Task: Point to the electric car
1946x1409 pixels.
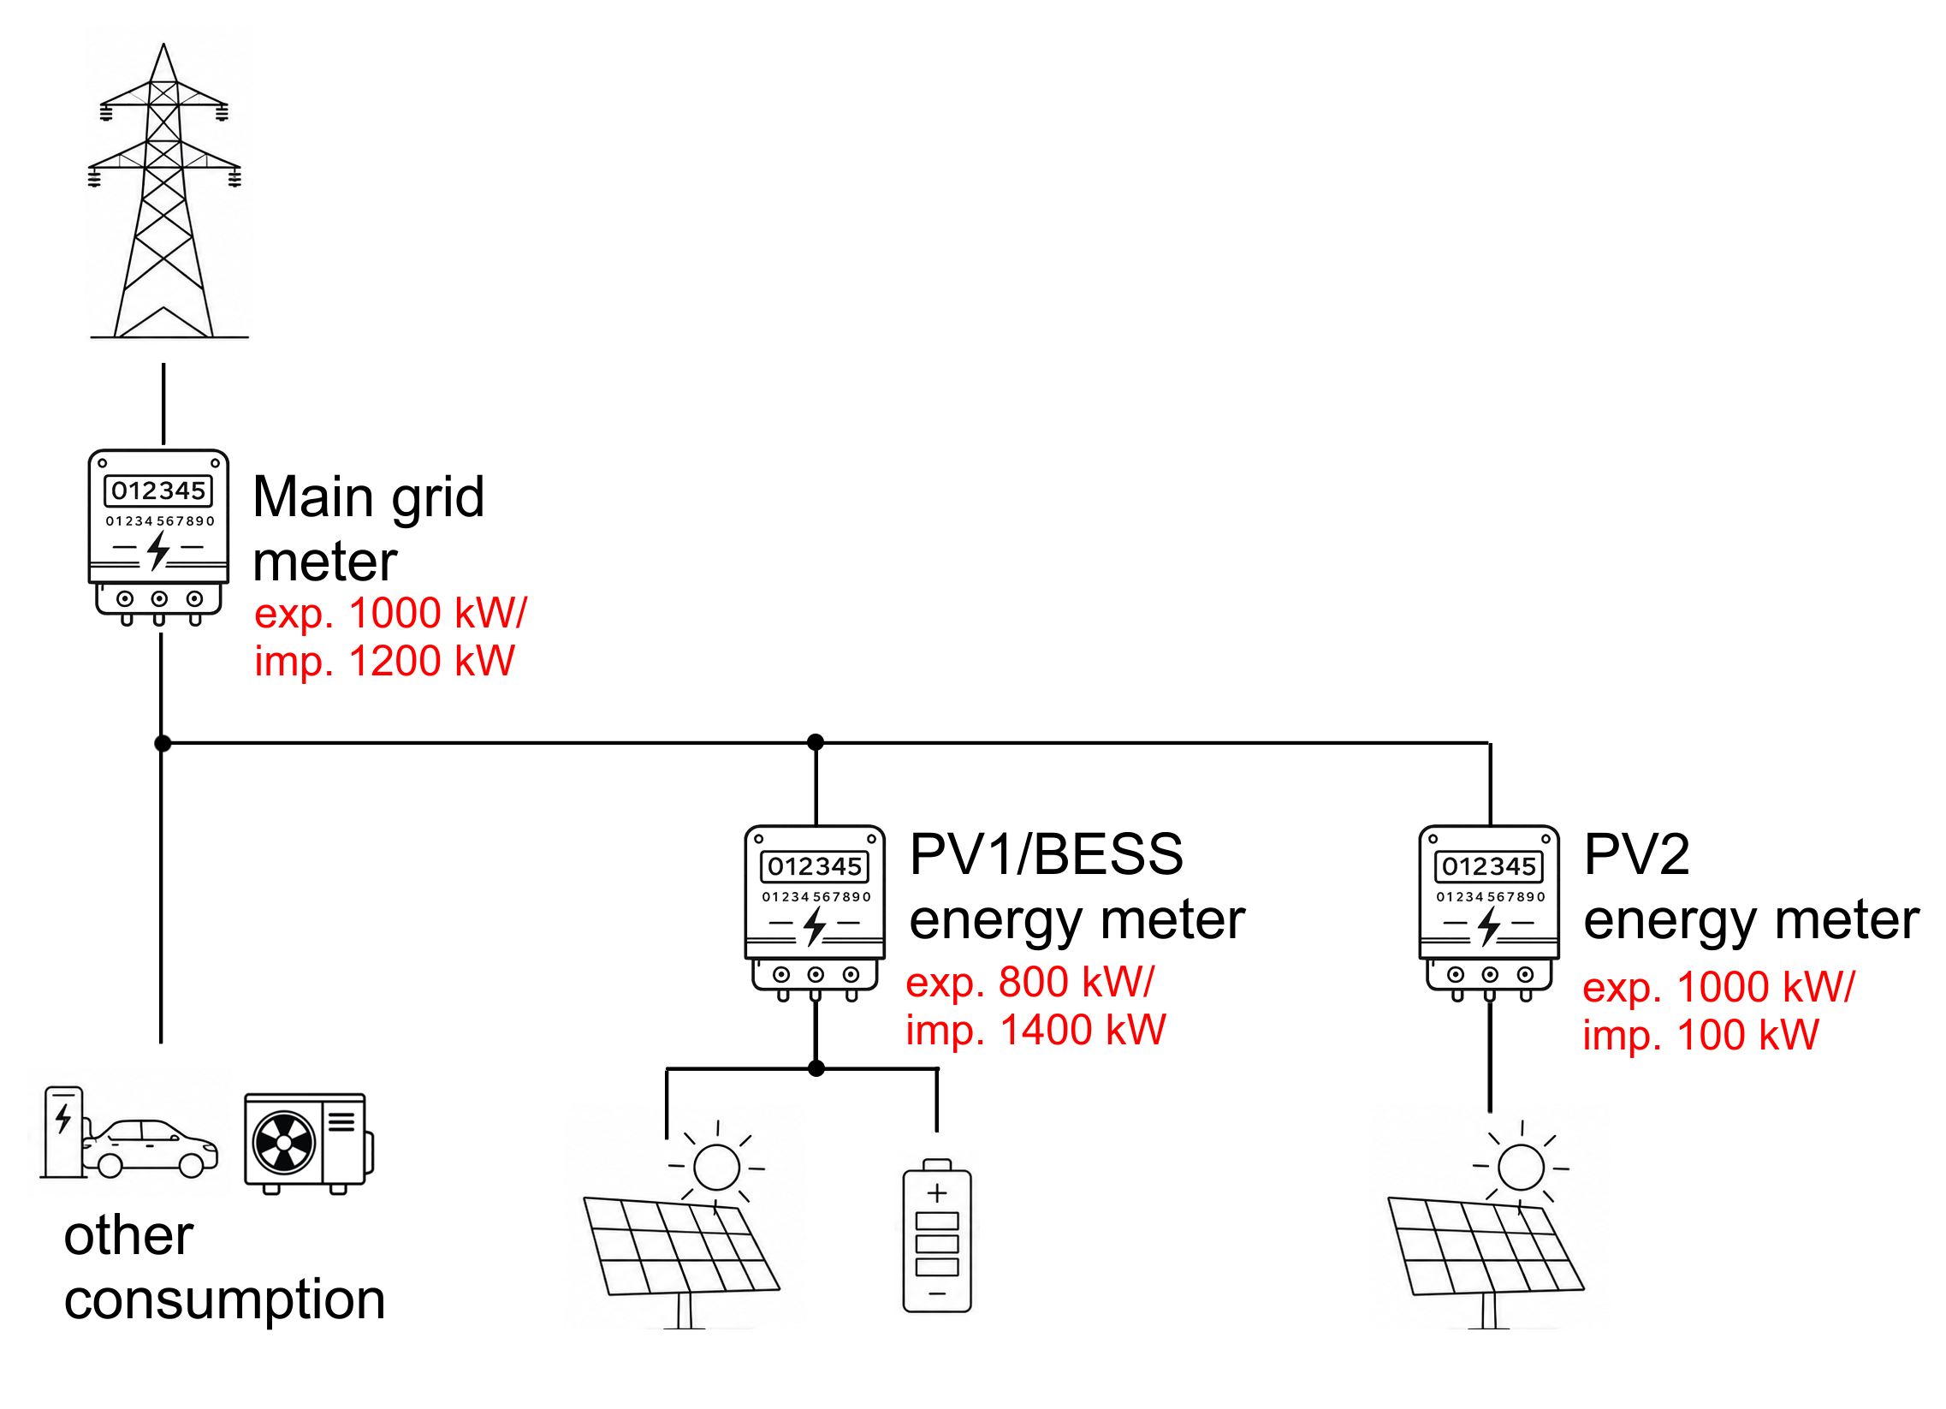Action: (151, 1147)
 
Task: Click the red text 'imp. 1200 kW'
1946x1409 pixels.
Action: (384, 662)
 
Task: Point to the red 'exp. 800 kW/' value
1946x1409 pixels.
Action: (1030, 983)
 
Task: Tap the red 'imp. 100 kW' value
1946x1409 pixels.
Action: (1700, 1036)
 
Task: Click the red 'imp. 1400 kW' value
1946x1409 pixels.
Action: (1036, 1031)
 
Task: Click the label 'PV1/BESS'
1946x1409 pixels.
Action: (1046, 854)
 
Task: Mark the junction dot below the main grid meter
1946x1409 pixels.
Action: (163, 743)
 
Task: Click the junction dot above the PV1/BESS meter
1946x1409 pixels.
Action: (816, 742)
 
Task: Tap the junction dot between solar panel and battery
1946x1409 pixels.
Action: (817, 1069)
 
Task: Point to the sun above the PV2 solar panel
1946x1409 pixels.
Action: (1521, 1168)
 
